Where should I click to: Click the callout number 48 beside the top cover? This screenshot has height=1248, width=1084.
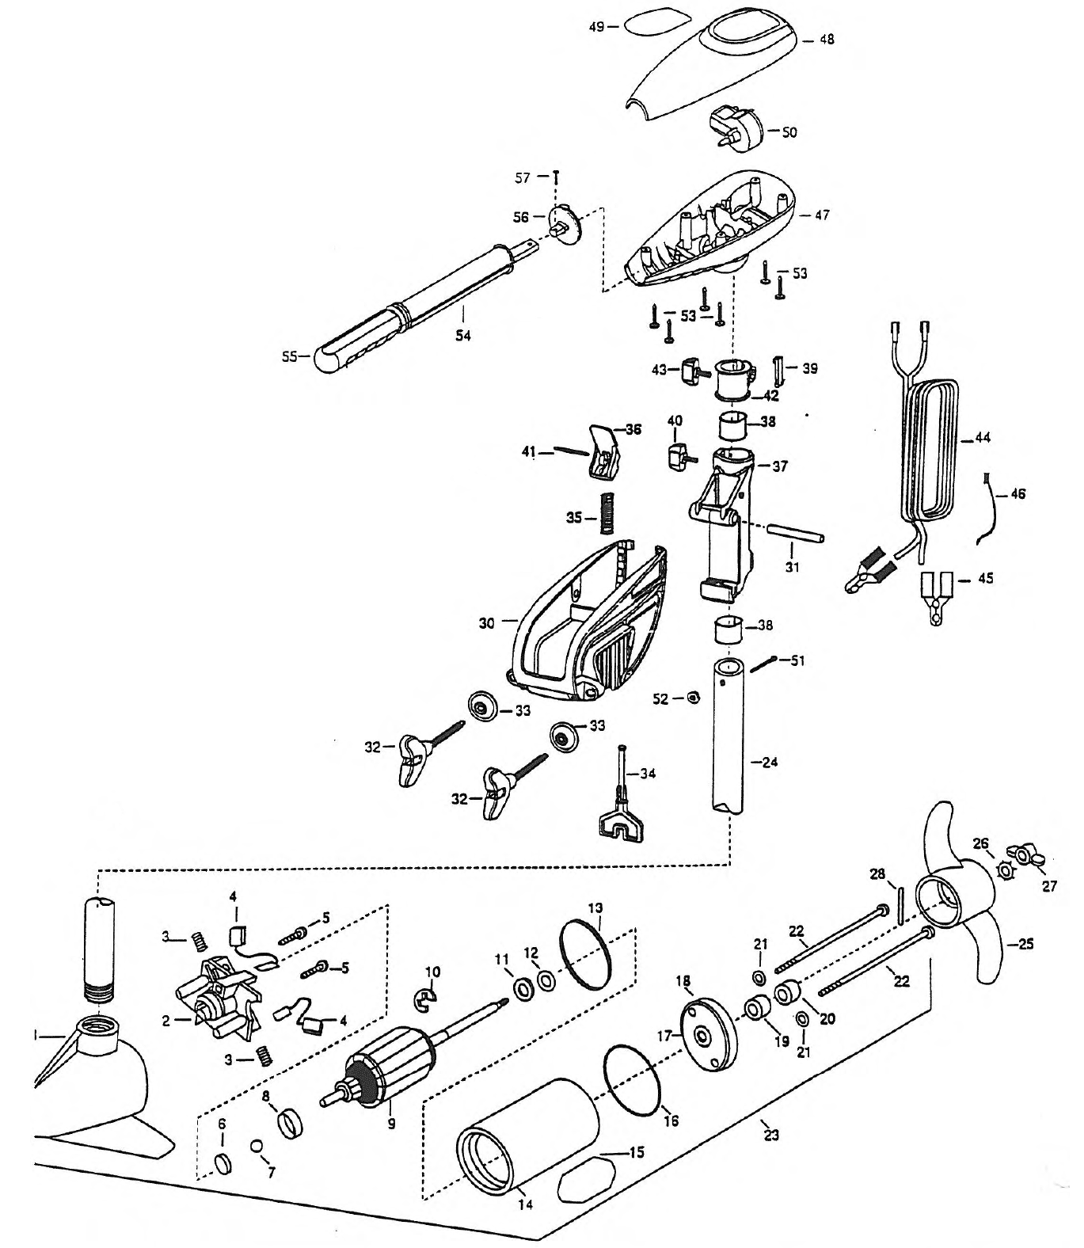coord(827,39)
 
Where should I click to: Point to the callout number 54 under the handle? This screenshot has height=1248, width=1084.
coord(463,335)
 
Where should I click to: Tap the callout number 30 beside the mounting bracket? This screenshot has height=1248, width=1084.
coord(487,623)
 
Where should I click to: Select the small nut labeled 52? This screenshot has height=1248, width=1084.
coord(694,698)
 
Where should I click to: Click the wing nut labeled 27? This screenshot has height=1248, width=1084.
coord(1029,857)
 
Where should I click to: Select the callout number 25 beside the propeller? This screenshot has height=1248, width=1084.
coord(1025,945)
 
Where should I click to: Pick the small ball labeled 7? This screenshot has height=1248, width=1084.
coord(255,1146)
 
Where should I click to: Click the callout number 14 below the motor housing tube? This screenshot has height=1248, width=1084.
coord(525,1205)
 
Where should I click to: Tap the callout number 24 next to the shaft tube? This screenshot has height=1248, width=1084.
coord(769,763)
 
